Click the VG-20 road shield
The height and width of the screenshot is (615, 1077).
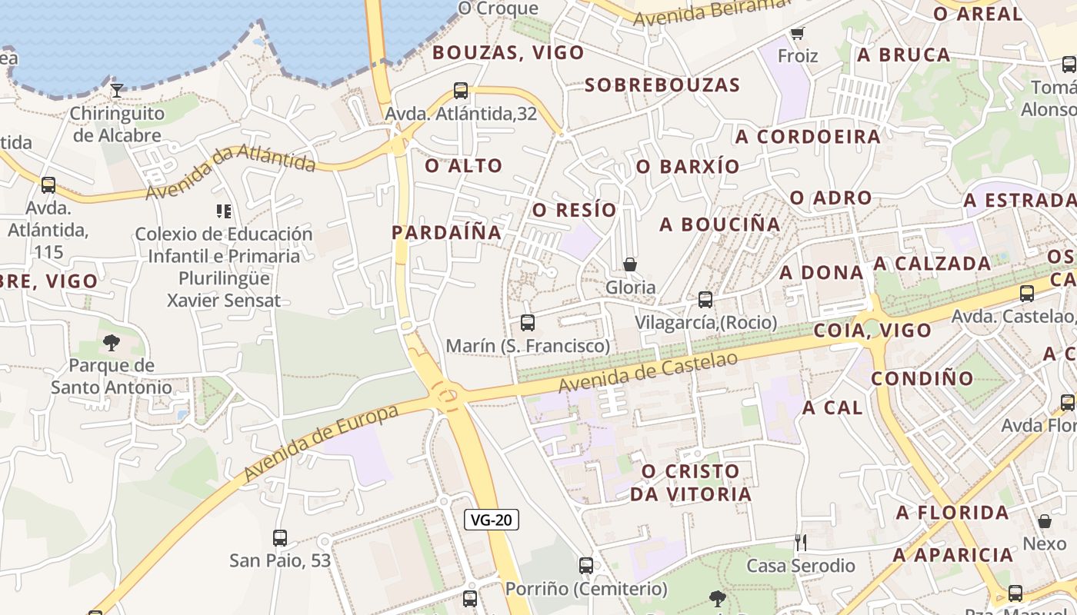[x=492, y=520]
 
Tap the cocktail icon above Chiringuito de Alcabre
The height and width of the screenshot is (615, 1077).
[x=116, y=91]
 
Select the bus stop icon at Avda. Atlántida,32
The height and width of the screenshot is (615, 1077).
[x=461, y=91]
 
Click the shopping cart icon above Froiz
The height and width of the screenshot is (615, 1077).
[x=797, y=33]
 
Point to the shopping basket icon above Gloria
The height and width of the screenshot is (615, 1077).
[x=630, y=264]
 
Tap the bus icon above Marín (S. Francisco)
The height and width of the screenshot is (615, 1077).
[x=528, y=323]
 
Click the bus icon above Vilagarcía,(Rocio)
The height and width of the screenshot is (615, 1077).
[x=705, y=300]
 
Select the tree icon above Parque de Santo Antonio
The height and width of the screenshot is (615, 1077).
[x=112, y=342]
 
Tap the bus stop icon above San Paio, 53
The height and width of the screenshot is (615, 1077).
[x=280, y=538]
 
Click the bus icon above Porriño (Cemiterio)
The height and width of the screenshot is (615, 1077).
[x=586, y=566]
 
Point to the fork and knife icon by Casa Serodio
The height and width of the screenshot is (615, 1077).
[x=800, y=543]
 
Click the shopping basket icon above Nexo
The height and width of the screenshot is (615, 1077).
[x=1045, y=521]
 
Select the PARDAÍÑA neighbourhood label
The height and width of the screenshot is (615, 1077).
[x=446, y=232]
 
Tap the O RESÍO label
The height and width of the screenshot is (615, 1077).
[x=575, y=210]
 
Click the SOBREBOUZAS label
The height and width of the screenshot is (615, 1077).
[x=662, y=85]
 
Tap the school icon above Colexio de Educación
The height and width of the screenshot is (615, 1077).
[x=224, y=211]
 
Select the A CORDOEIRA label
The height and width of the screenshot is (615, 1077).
[x=808, y=137]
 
